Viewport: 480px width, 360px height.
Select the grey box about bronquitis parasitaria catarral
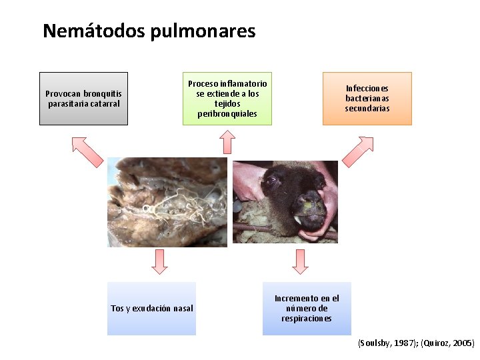tap(83, 99)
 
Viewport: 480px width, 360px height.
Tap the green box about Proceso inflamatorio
tap(227, 99)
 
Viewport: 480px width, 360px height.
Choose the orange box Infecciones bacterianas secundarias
tap(367, 99)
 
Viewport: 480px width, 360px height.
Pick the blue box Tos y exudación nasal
tap(152, 308)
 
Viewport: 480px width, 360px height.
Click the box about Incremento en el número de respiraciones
tap(307, 308)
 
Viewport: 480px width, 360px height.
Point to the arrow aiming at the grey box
tap(87, 151)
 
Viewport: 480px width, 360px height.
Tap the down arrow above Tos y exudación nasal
tap(159, 261)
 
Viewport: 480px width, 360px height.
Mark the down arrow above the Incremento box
tap(301, 261)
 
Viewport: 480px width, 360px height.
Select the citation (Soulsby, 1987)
tap(385, 343)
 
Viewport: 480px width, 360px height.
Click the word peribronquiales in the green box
tap(227, 113)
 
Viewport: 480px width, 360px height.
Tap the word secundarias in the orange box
tap(367, 108)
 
